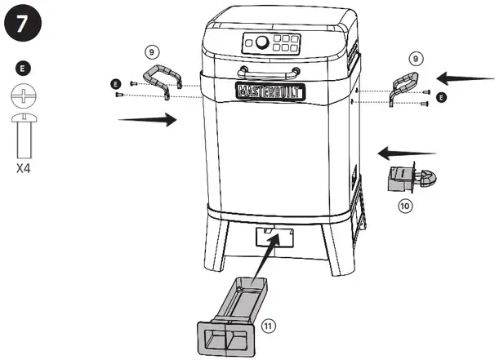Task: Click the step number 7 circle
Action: tap(23, 22)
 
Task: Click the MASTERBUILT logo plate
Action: tap(270, 90)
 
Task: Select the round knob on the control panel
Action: tap(262, 41)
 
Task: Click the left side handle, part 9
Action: tap(162, 80)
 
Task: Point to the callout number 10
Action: tap(404, 206)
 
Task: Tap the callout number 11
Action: tap(269, 326)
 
